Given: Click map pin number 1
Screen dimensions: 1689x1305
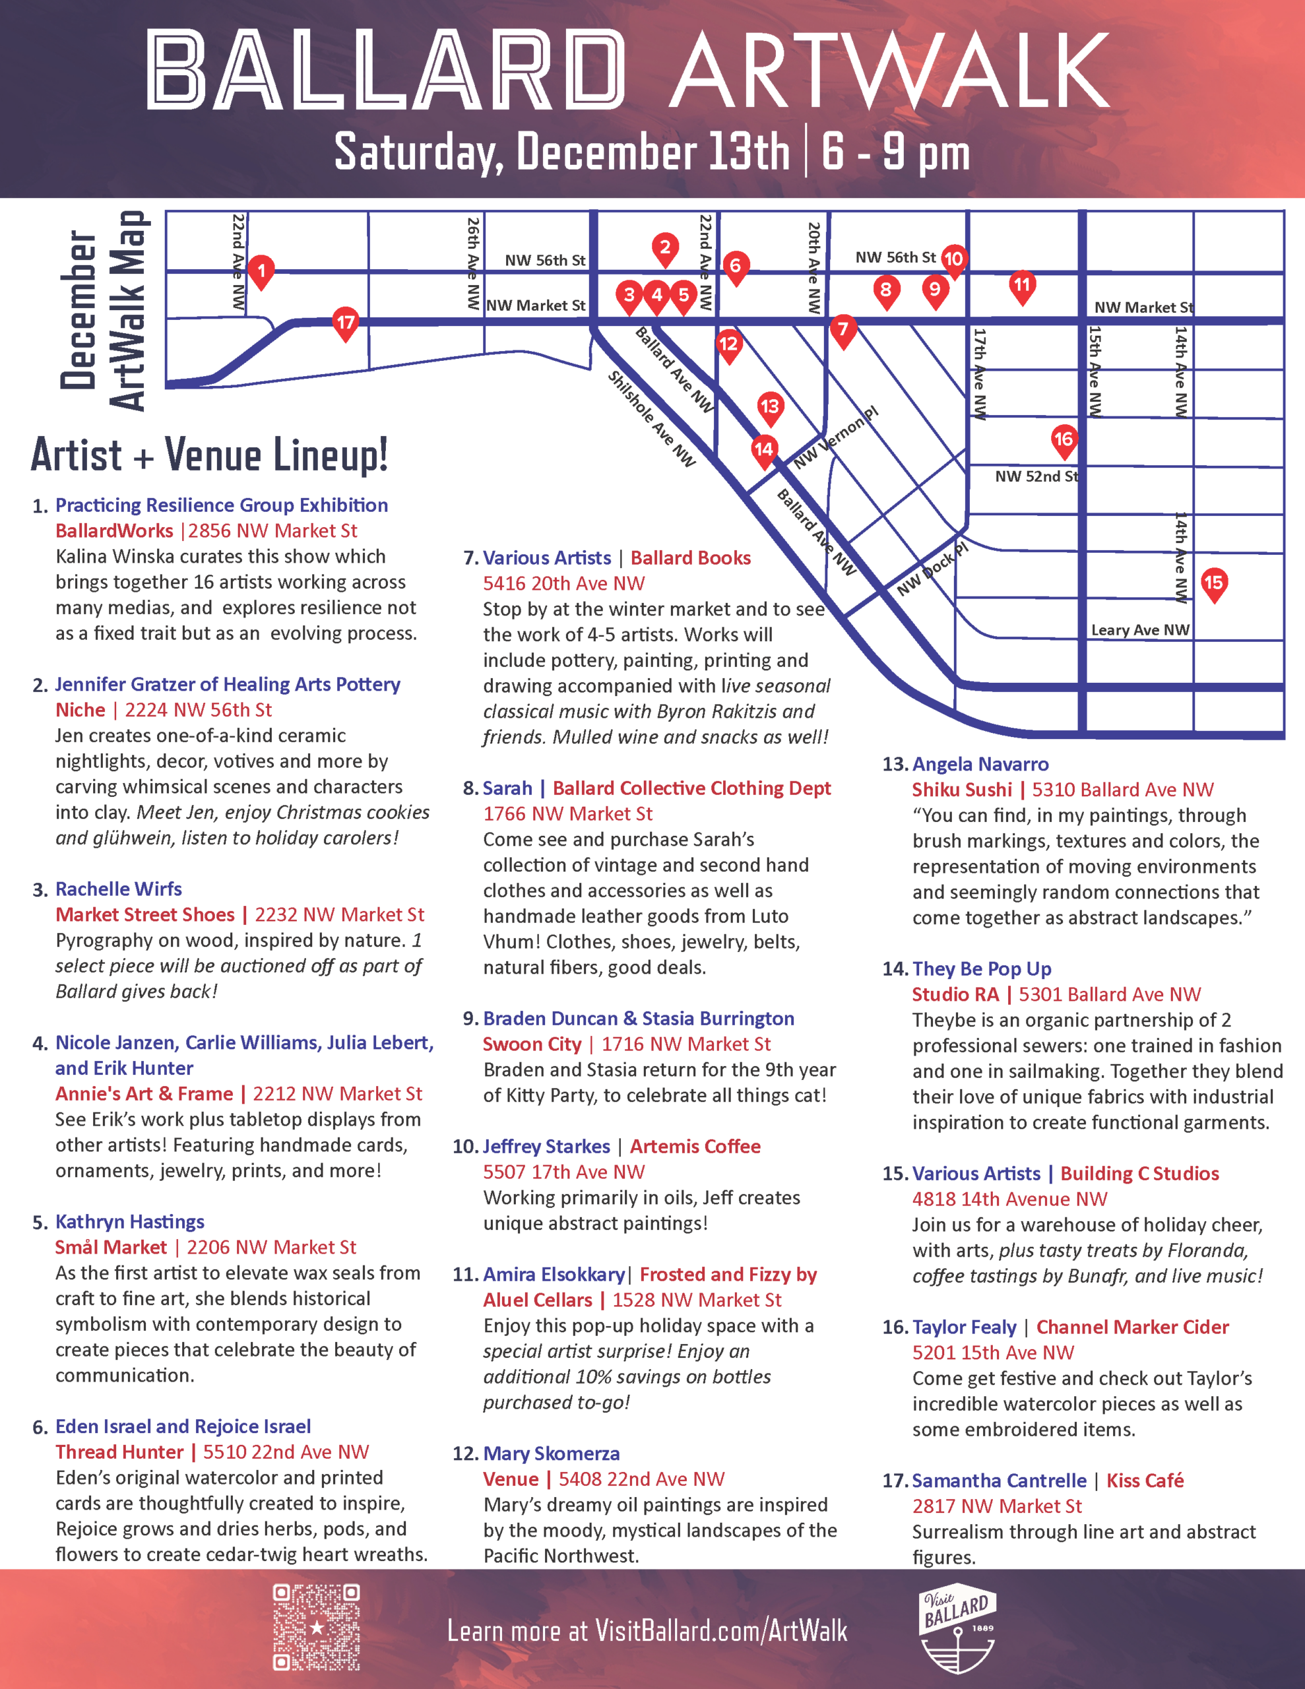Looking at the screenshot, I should coord(261,271).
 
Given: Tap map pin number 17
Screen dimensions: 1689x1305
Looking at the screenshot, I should coord(345,323).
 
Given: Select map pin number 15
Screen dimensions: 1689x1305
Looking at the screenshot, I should coord(1214,583).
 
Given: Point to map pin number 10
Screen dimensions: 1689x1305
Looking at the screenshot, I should coord(953,260).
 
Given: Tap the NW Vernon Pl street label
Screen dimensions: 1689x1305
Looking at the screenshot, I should coord(836,437).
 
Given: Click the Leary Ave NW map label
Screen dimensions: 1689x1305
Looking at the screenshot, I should coord(1139,630).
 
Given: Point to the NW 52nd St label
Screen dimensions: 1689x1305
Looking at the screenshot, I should coord(1036,476).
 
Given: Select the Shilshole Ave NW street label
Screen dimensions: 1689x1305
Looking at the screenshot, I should coord(651,418).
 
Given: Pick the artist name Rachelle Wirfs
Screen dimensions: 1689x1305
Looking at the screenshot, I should coord(118,889).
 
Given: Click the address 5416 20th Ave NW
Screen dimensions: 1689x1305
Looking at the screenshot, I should coord(563,584).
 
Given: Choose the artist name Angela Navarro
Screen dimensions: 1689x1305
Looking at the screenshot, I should coord(980,765).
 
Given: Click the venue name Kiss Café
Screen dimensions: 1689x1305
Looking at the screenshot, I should coord(1144,1481).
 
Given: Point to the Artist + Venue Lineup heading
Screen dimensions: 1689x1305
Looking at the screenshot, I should coord(210,455).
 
